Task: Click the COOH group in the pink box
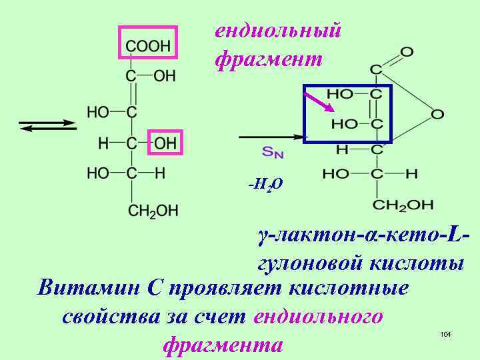(x=148, y=45)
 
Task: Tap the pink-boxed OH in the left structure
(x=165, y=142)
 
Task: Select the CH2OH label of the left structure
(x=153, y=211)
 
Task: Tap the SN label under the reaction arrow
(x=273, y=153)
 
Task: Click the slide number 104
(x=446, y=333)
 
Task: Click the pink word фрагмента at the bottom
(x=223, y=345)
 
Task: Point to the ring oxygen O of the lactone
(x=437, y=114)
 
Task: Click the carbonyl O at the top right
(x=407, y=51)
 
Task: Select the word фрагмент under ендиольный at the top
(x=269, y=59)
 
